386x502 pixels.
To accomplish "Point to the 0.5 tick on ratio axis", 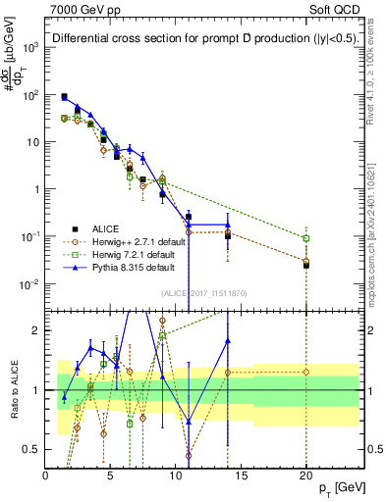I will (32, 449).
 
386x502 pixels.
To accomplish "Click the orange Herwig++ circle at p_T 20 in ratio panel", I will (305, 372).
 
